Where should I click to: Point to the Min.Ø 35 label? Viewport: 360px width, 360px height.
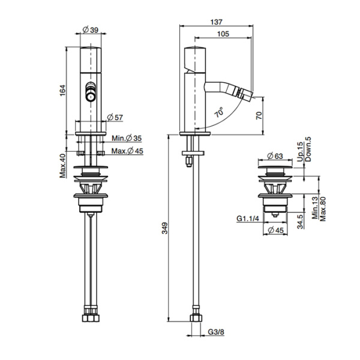127,139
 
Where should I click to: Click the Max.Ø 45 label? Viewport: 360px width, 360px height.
128,151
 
